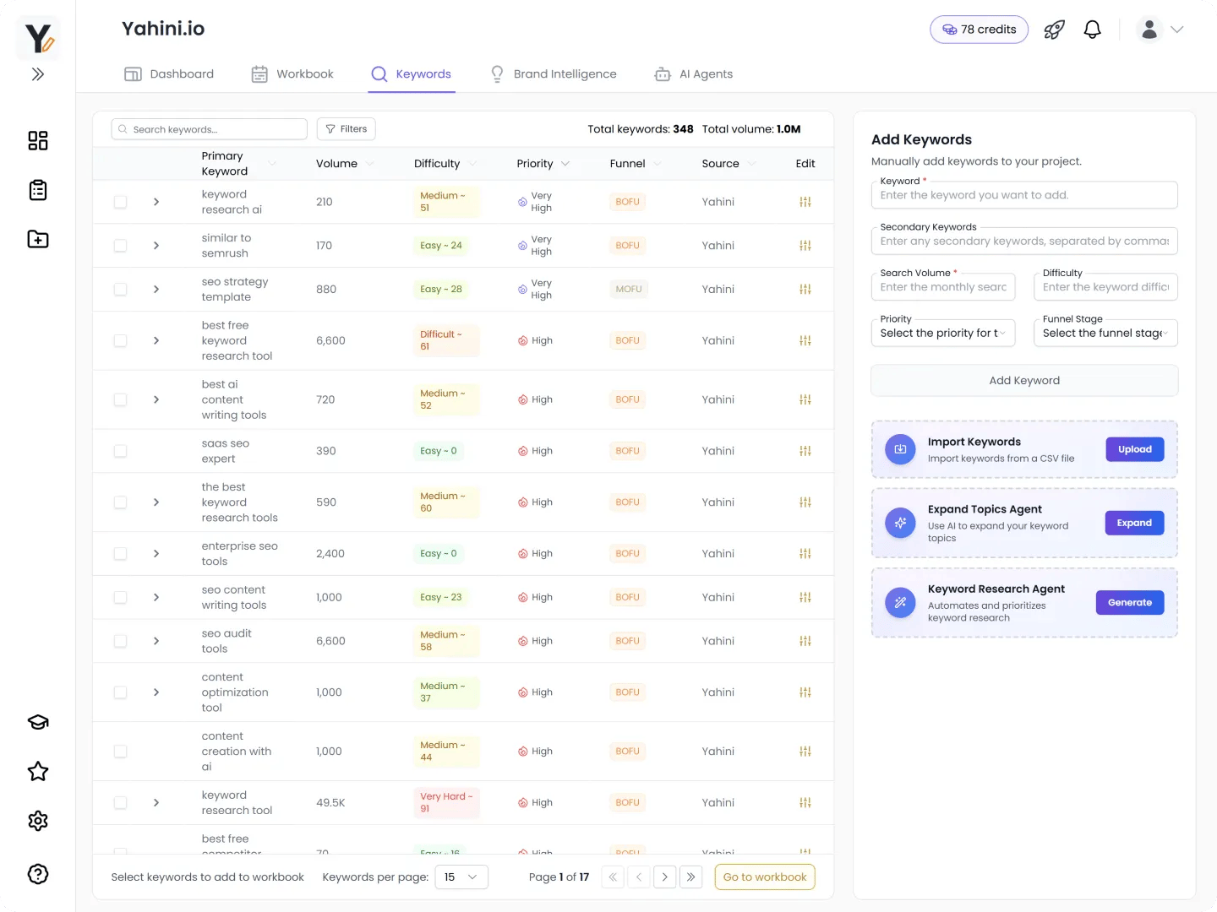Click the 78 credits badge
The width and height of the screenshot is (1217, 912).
tap(979, 30)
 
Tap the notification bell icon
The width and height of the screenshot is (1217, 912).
tap(1092, 30)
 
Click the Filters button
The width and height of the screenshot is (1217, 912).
tap(347, 129)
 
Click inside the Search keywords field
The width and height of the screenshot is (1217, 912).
tap(210, 129)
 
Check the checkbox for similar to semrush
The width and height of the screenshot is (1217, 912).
tap(121, 246)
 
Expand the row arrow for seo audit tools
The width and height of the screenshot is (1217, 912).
tap(156, 641)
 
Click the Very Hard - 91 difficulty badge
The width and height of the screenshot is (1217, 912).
tap(445, 802)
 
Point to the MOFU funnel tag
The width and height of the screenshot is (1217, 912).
tap(628, 289)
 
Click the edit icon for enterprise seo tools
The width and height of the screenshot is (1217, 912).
tap(805, 554)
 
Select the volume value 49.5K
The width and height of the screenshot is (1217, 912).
tap(330, 803)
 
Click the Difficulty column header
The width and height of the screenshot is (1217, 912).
tap(437, 164)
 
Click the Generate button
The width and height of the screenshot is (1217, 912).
tap(1129, 603)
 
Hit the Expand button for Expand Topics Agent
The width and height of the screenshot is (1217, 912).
tap(1133, 524)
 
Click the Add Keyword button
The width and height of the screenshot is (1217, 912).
tap(1023, 381)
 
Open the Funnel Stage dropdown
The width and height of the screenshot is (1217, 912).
tap(1105, 334)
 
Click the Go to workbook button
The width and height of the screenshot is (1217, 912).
tap(764, 877)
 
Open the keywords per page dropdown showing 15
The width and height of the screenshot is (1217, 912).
tap(461, 877)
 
